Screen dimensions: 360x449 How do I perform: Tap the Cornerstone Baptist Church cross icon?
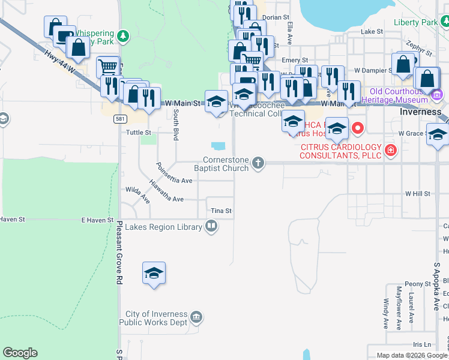[x=258, y=163]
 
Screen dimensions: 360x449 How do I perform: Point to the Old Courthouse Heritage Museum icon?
[x=436, y=94]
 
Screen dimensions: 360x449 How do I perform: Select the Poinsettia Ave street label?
[x=173, y=173]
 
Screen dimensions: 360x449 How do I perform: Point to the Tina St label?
[x=221, y=211]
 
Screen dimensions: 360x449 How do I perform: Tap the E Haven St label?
[x=97, y=220]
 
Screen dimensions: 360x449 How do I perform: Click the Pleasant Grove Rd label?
[x=119, y=252]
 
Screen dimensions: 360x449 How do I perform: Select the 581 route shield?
[x=119, y=119]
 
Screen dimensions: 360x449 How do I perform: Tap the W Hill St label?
[x=418, y=194]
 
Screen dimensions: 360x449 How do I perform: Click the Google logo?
[x=20, y=353]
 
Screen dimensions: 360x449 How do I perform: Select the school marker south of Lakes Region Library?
[x=154, y=274]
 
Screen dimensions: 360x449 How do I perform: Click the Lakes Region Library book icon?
[x=211, y=226]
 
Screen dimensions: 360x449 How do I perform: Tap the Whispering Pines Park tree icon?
[x=123, y=36]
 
